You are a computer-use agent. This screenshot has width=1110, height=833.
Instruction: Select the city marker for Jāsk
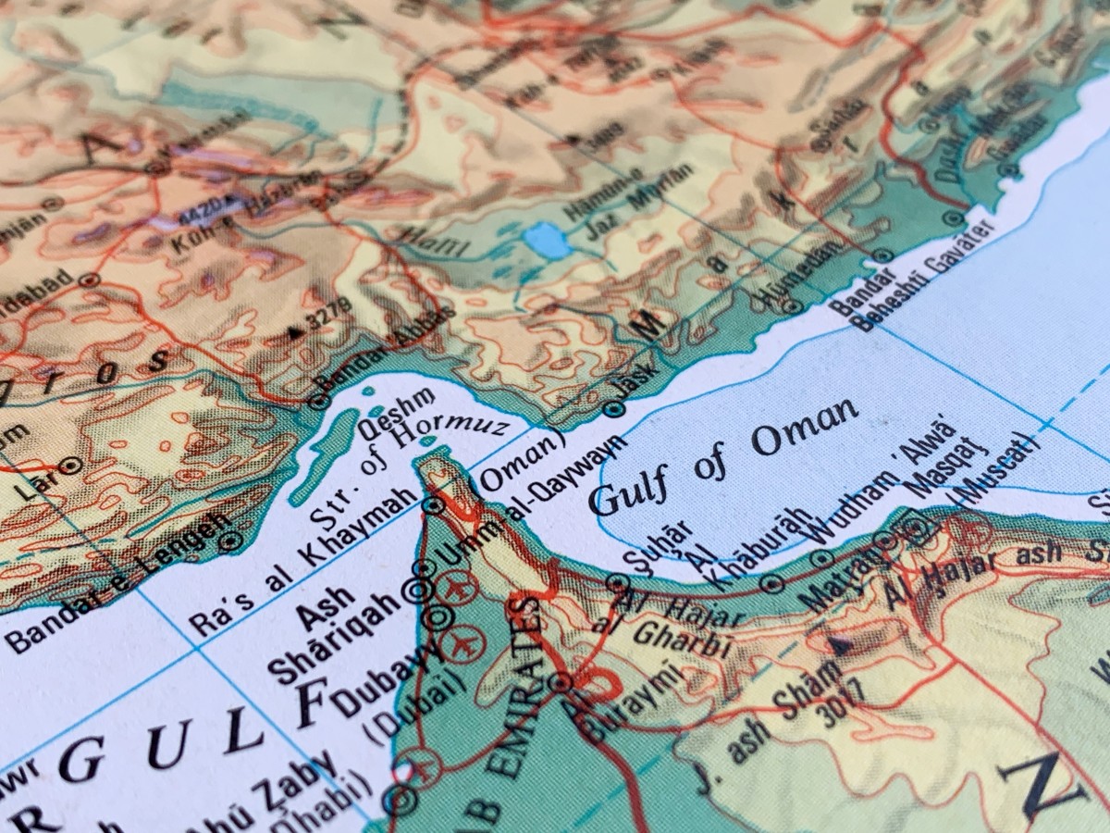(611, 407)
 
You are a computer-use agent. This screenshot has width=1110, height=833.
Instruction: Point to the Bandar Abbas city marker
(319, 402)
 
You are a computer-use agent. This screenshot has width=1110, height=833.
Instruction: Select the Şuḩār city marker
(618, 583)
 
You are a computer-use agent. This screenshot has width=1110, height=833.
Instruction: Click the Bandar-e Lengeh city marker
(230, 538)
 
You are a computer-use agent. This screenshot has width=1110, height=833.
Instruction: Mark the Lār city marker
(70, 465)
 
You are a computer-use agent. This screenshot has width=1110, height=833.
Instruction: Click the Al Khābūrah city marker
(773, 583)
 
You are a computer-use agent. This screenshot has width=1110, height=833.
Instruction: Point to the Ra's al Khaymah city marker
(433, 505)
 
